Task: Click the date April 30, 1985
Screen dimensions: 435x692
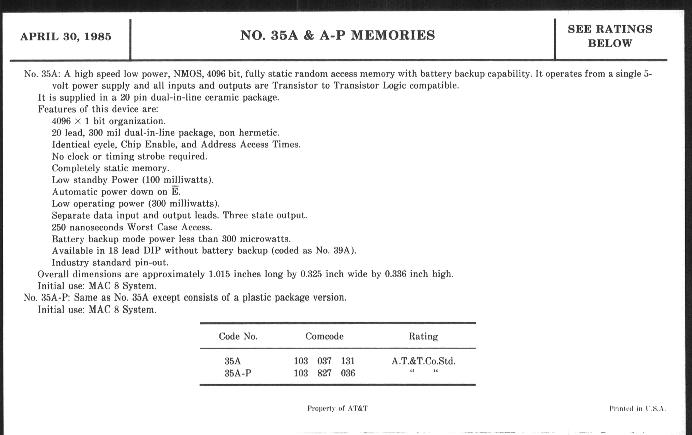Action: coord(65,37)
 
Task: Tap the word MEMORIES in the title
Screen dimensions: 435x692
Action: coord(393,35)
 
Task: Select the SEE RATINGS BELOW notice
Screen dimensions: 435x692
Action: coord(610,36)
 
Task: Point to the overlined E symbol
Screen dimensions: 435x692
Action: coord(175,191)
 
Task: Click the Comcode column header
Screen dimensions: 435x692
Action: coord(324,336)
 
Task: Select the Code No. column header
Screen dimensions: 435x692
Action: coord(238,336)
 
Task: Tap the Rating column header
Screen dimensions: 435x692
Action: coord(423,336)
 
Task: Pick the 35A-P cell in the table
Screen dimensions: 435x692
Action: coord(238,373)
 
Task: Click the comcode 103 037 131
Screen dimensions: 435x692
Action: coord(324,361)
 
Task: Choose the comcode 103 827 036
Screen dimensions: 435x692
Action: coord(324,373)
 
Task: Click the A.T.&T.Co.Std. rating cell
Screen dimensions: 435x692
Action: coord(423,361)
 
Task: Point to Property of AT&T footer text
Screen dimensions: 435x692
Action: coord(337,408)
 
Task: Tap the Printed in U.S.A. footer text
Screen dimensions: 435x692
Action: coord(637,408)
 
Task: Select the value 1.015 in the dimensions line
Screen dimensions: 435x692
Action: coord(219,274)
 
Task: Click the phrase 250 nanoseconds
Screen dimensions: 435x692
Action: coord(87,227)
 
